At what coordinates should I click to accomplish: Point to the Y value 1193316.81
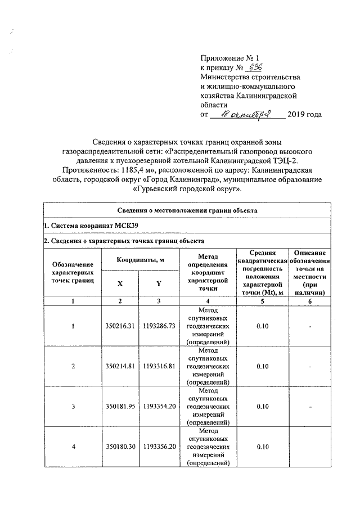pos(159,366)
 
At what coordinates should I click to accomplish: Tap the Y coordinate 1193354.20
pos(159,407)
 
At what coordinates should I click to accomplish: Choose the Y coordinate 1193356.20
pos(159,447)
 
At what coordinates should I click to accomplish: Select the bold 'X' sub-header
pos(120,284)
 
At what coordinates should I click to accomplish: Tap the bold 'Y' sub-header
pos(159,284)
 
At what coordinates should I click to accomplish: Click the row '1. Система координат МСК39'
pos(90,226)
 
